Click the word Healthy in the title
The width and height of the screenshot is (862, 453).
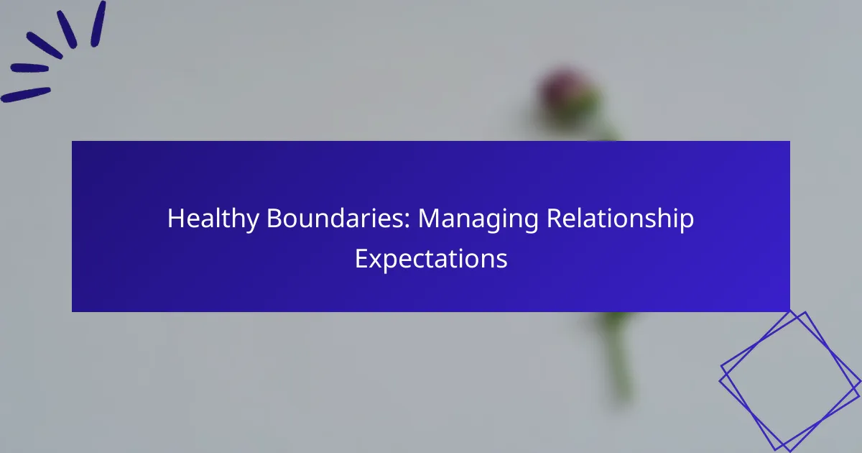[x=213, y=219]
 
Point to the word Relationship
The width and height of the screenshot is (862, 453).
[x=621, y=219]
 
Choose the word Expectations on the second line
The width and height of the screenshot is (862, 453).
[x=431, y=260]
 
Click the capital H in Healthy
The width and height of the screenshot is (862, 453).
[x=175, y=219]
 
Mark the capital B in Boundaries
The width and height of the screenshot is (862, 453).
[x=274, y=219]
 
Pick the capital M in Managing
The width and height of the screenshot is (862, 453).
[x=429, y=219]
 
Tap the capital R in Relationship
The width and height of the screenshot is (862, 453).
[x=555, y=219]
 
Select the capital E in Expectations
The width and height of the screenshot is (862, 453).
[x=361, y=258]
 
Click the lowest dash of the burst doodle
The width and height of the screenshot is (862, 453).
[x=26, y=95]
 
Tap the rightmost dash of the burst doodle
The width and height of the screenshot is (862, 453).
[x=98, y=24]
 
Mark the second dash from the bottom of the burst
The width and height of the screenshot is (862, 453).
[x=29, y=68]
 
